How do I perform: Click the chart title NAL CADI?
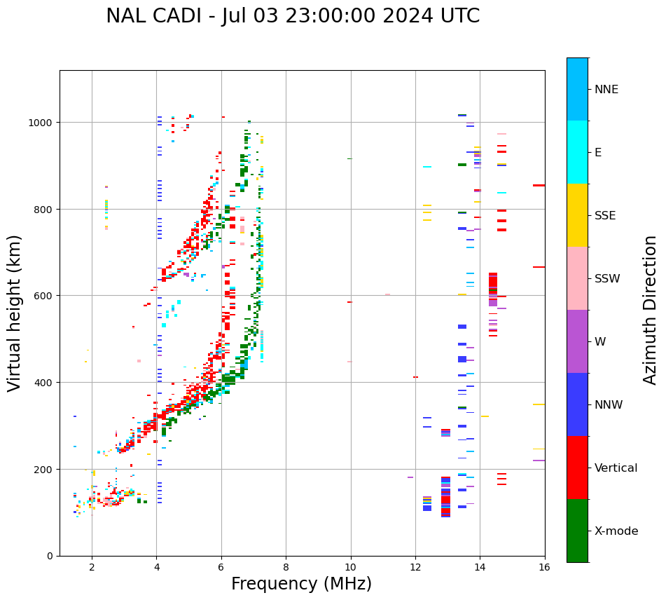coord(293,16)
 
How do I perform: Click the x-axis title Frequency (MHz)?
coord(301,584)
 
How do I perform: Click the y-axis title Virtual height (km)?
coord(15,313)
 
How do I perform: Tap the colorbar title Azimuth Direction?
coord(651,310)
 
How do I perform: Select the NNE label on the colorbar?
coord(606,90)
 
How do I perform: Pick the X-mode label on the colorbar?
coord(616,531)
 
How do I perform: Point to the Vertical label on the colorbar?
coord(616,468)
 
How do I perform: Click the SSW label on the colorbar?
coord(607,279)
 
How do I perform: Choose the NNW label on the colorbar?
coord(609,405)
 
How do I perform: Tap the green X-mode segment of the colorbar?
coord(577,531)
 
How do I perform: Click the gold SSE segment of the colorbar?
coord(577,215)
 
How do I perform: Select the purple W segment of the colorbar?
coord(577,341)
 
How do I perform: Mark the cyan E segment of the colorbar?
coord(577,152)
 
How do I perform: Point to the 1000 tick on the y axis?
coord(43,123)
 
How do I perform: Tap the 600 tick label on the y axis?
coord(46,296)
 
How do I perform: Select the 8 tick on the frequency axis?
coord(286,566)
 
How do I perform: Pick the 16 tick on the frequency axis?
coord(544,566)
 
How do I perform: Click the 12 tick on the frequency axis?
coord(415,566)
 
